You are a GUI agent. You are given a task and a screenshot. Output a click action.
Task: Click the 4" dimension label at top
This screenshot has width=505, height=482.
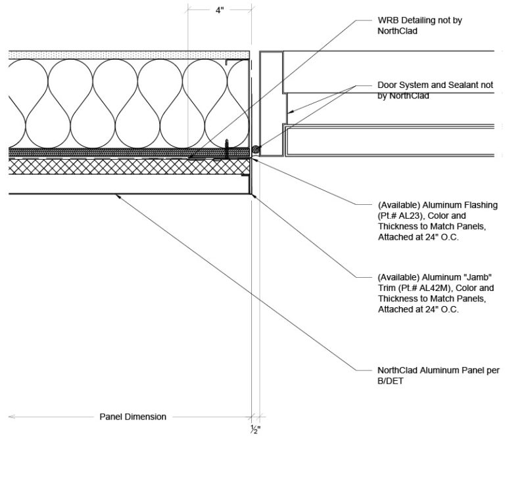(220, 11)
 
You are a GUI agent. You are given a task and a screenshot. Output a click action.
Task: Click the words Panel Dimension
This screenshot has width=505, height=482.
(132, 416)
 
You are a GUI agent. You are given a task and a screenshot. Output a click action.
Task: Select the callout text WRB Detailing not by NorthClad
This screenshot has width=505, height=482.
(420, 25)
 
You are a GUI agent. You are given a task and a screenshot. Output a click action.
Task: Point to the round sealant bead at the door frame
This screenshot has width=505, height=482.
(256, 150)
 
